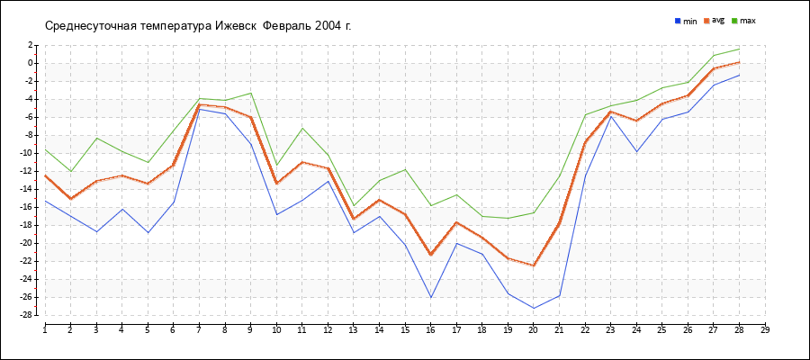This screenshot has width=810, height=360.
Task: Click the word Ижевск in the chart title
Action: [x=237, y=25]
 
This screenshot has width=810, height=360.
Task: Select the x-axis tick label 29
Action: [x=765, y=329]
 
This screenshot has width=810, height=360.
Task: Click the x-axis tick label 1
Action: [x=45, y=329]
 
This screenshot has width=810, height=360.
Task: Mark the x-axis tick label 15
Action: [x=405, y=329]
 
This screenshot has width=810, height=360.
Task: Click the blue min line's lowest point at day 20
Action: [x=534, y=309]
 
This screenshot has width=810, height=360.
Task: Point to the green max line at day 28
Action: [x=739, y=49]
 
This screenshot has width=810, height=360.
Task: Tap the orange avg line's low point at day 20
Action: [x=534, y=265]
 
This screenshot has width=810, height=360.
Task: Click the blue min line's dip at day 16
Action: [x=431, y=298]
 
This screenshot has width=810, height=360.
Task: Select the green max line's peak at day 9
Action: [x=251, y=93]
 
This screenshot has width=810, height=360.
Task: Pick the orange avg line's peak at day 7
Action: [x=199, y=104]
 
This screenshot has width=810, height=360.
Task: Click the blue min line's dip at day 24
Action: [x=636, y=151]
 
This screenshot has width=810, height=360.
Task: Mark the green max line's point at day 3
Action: [x=96, y=138]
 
